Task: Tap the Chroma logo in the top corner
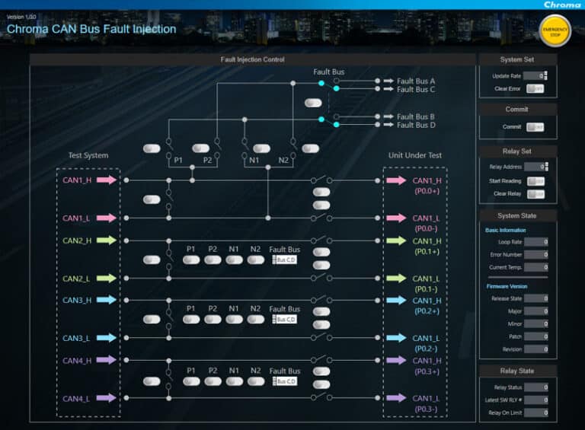pyautogui.click(x=562, y=5)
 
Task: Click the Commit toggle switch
pyautogui.click(x=535, y=127)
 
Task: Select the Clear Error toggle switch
pyautogui.click(x=535, y=89)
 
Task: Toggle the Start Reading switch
pyautogui.click(x=535, y=181)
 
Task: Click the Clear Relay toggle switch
pyautogui.click(x=535, y=194)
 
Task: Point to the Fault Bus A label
pyautogui.click(x=416, y=81)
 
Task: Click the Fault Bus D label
pyautogui.click(x=416, y=125)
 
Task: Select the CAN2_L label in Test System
pyautogui.click(x=76, y=279)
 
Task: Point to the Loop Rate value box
pyautogui.click(x=535, y=242)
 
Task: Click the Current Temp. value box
pyautogui.click(x=535, y=267)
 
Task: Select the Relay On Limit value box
pyautogui.click(x=535, y=412)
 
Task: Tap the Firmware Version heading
pyautogui.click(x=506, y=286)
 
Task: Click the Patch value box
pyautogui.click(x=535, y=336)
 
